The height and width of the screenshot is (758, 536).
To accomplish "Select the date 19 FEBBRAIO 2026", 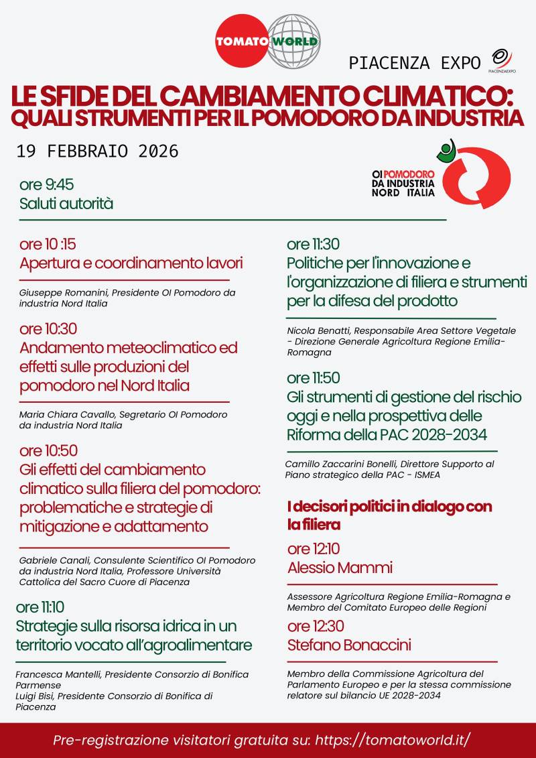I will click(x=98, y=151).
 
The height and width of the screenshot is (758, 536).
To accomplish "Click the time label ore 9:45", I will click(x=46, y=185).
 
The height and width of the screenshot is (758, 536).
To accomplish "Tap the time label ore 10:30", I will click(x=48, y=329).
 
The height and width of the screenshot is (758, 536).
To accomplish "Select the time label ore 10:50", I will click(x=48, y=450).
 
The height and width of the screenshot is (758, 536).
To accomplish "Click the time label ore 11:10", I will click(x=40, y=607).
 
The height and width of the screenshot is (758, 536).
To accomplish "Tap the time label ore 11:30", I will click(x=313, y=244).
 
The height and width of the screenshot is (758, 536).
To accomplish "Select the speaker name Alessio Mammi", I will click(x=340, y=568).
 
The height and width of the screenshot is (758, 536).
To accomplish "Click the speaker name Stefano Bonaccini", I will click(x=349, y=645).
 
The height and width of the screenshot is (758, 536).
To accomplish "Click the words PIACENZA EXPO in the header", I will click(x=415, y=63).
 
